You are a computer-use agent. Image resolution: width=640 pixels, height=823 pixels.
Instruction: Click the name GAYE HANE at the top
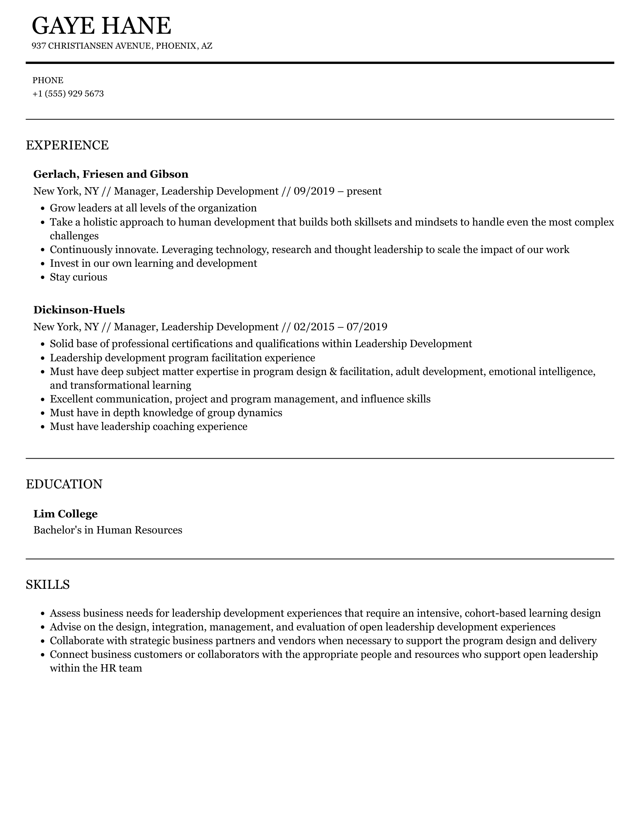pyautogui.click(x=101, y=26)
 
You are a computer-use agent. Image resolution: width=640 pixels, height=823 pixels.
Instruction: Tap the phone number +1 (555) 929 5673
pyautogui.click(x=68, y=94)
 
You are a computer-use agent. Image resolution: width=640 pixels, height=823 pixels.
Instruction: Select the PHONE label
pyautogui.click(x=48, y=80)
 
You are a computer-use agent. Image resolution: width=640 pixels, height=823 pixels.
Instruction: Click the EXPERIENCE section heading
pyautogui.click(x=67, y=145)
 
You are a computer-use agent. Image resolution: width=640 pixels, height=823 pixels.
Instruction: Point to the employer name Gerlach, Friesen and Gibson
pyautogui.click(x=111, y=174)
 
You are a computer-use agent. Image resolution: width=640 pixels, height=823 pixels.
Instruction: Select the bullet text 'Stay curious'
pyautogui.click(x=78, y=277)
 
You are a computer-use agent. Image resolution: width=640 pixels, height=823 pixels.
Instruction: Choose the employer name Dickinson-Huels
pyautogui.click(x=79, y=310)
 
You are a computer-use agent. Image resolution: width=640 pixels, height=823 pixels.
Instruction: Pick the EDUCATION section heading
pyautogui.click(x=64, y=484)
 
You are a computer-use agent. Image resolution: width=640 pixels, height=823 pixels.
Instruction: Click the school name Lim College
pyautogui.click(x=65, y=514)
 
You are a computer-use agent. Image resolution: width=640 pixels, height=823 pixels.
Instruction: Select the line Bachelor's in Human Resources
pyautogui.click(x=107, y=530)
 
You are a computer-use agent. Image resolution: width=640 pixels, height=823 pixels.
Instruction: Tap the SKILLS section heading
pyautogui.click(x=47, y=584)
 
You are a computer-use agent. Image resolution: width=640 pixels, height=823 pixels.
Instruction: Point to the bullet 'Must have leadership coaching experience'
pyautogui.click(x=148, y=426)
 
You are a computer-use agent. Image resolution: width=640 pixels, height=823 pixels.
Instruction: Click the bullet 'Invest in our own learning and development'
pyautogui.click(x=153, y=263)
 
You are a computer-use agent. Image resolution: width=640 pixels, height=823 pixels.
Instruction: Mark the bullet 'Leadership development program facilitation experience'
pyautogui.click(x=182, y=358)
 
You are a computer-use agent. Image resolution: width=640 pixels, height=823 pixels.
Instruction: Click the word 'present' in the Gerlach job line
pyautogui.click(x=364, y=191)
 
